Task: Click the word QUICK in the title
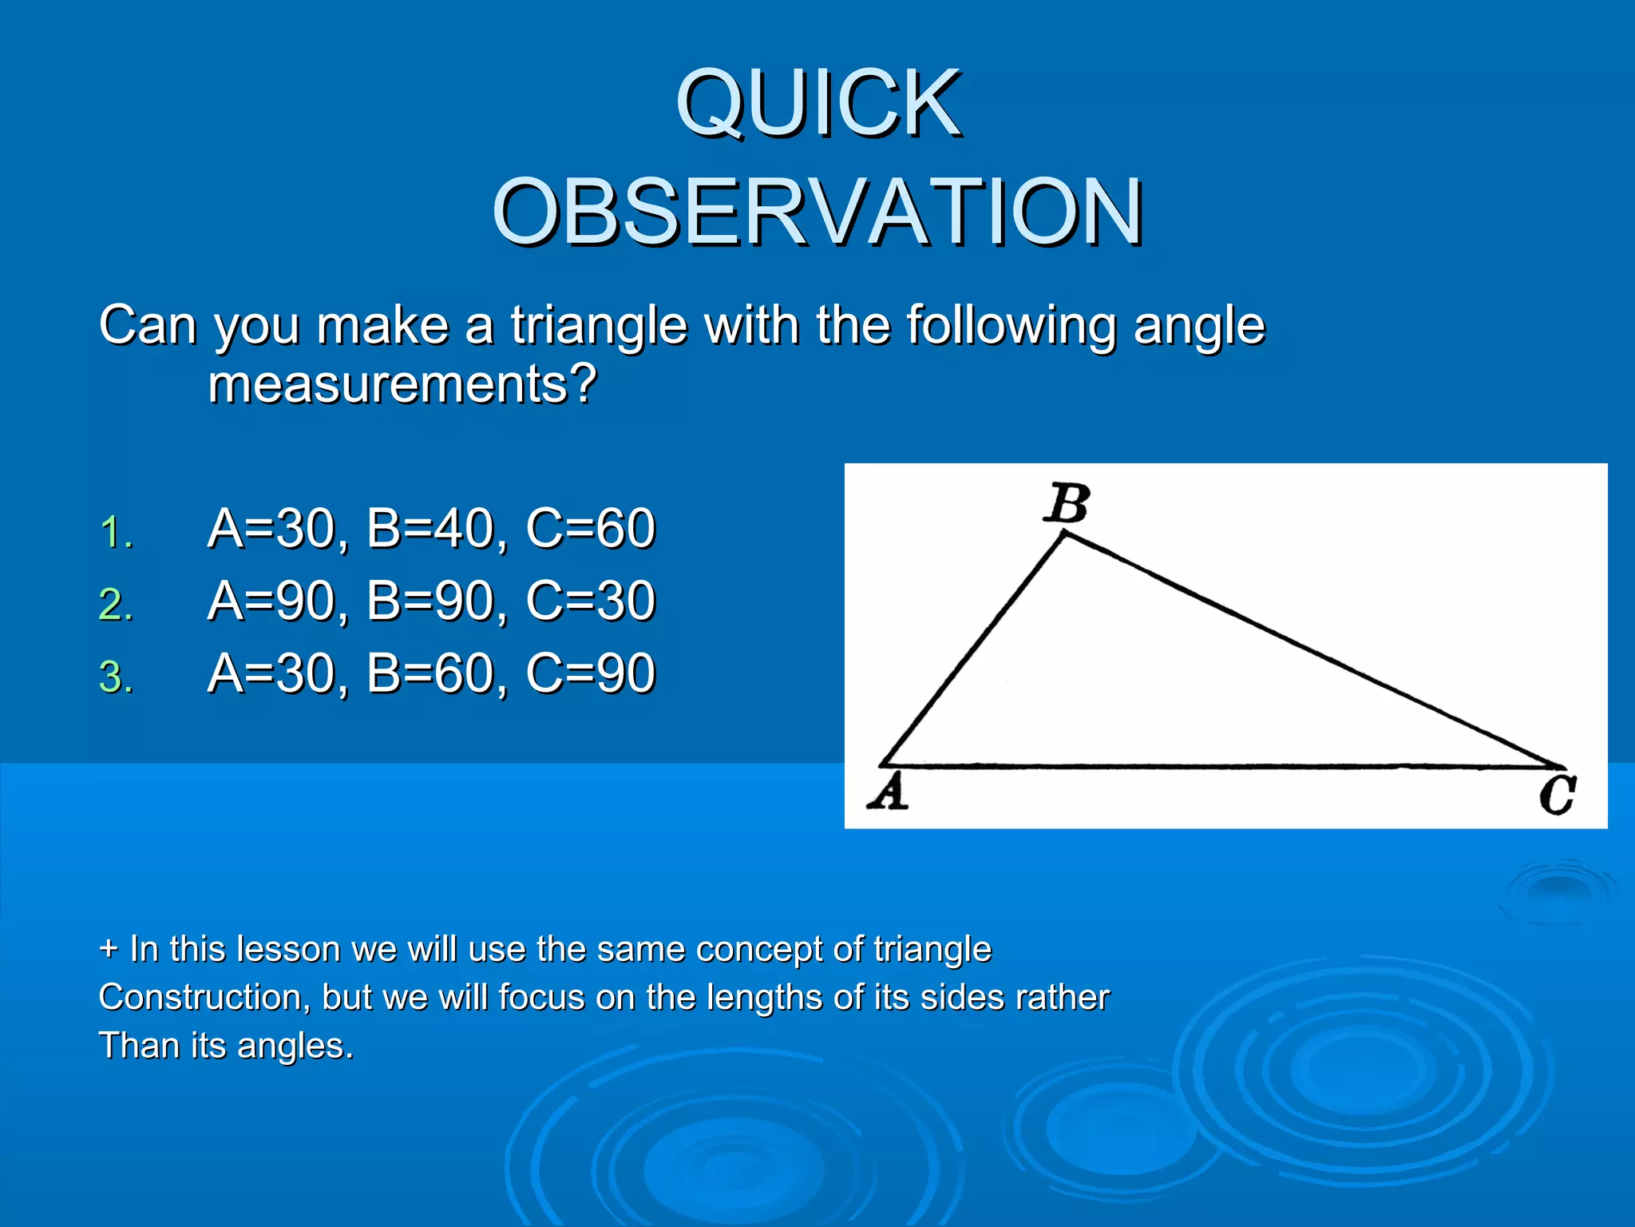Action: [x=818, y=104]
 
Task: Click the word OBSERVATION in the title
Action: [x=818, y=212]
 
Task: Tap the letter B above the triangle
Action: [x=1067, y=503]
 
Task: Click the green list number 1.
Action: [x=116, y=532]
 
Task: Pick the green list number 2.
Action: [x=116, y=605]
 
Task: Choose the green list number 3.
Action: [x=116, y=677]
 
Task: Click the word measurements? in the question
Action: [x=402, y=385]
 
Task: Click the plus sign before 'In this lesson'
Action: [x=109, y=950]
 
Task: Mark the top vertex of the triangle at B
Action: [x=1065, y=535]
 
